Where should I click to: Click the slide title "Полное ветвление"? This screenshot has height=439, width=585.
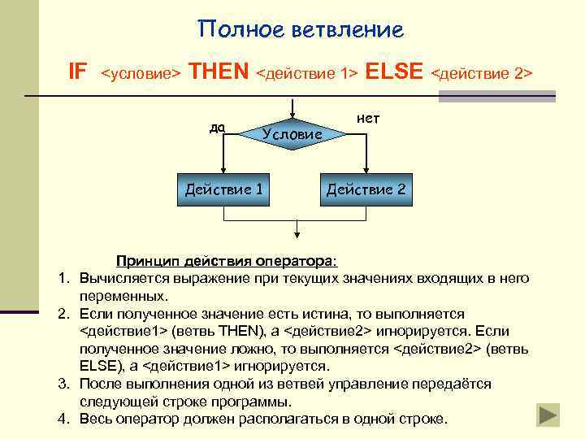[x=301, y=30]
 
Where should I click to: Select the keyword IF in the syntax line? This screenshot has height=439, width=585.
[x=77, y=72]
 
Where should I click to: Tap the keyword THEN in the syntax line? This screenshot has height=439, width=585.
[x=219, y=72]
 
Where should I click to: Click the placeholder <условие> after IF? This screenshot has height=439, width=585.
[x=141, y=74]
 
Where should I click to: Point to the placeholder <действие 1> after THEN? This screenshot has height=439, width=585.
[x=307, y=74]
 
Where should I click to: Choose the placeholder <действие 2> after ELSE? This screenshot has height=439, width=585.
[x=481, y=74]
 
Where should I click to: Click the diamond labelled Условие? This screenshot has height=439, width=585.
[x=292, y=133]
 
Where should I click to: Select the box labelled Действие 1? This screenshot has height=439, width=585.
[x=223, y=189]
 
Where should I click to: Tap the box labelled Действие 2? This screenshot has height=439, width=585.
[x=366, y=189]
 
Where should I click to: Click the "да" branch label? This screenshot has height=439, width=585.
[x=217, y=128]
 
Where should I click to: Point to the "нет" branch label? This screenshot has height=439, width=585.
[x=368, y=119]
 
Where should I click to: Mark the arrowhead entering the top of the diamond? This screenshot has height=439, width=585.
[x=292, y=115]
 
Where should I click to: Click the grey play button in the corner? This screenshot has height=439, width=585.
[x=549, y=413]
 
